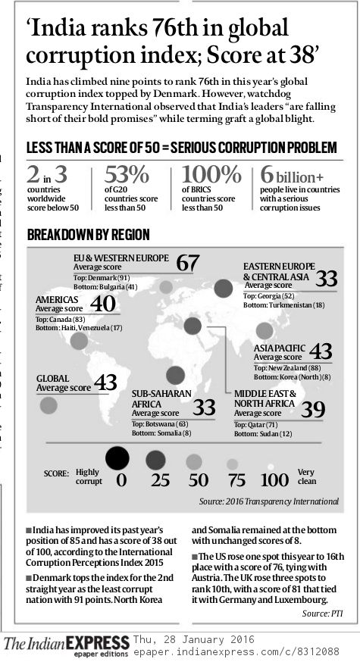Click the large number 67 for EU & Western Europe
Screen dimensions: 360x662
[188, 264]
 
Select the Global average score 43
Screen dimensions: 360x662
[105, 382]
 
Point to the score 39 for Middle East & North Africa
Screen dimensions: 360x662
[313, 410]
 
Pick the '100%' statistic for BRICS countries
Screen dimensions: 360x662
[211, 174]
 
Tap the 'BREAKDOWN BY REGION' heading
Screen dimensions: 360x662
[88, 236]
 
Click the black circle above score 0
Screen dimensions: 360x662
[117, 457]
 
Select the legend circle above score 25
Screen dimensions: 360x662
[157, 459]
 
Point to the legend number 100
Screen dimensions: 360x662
[274, 480]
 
